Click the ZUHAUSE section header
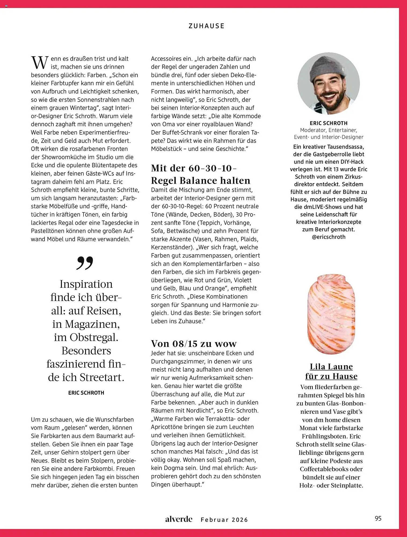pyautogui.click(x=206, y=26)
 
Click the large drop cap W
pyautogui.click(x=40, y=63)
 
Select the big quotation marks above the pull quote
pyautogui.click(x=85, y=263)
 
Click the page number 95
pyautogui.click(x=378, y=518)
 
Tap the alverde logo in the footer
pyautogui.click(x=179, y=519)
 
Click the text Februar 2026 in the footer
pyautogui.click(x=224, y=520)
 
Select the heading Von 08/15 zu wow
pyautogui.click(x=194, y=343)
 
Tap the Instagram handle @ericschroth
pyautogui.click(x=329, y=237)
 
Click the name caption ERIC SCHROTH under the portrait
pyautogui.click(x=329, y=123)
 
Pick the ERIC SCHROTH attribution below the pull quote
pyautogui.click(x=86, y=393)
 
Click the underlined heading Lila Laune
pyautogui.click(x=331, y=367)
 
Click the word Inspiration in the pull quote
pyautogui.click(x=86, y=284)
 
